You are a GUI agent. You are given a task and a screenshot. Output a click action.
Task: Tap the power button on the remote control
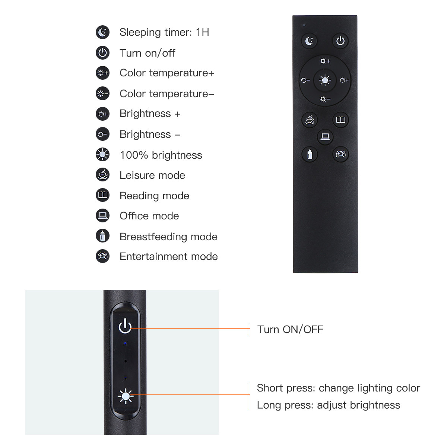(340, 41)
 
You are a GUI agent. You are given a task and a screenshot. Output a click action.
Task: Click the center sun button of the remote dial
(325, 80)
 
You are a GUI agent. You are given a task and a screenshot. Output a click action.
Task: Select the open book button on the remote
(340, 120)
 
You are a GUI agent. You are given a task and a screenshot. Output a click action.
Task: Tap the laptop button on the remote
(325, 137)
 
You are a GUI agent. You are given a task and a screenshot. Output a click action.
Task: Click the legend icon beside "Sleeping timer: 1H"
(102, 32)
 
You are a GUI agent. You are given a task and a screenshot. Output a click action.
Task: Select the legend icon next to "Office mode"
(102, 216)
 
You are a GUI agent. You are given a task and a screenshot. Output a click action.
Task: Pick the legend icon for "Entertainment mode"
(102, 256)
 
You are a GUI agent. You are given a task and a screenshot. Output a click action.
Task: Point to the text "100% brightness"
(161, 155)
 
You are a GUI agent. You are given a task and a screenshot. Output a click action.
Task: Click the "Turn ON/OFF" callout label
(290, 329)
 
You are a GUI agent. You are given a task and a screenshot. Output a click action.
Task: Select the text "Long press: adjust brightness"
(328, 405)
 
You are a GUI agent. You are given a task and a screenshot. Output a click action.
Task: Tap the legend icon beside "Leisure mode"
(102, 175)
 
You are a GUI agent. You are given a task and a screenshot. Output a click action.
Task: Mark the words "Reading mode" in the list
(154, 196)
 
